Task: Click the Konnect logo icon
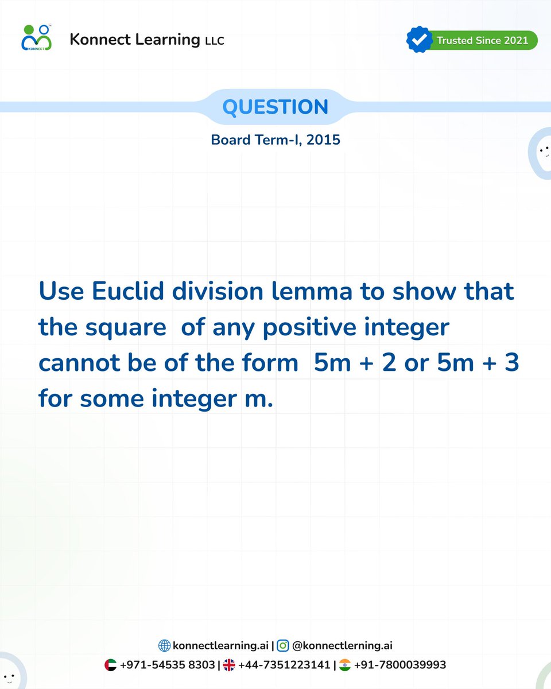click(36, 38)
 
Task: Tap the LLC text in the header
click(214, 41)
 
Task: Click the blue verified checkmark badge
click(419, 40)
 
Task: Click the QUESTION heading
click(275, 107)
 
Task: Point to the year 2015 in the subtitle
click(324, 140)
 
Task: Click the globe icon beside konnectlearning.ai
click(165, 645)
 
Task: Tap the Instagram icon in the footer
click(283, 645)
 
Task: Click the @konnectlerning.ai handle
click(342, 646)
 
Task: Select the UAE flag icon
click(111, 665)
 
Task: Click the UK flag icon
click(229, 665)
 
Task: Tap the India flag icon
click(345, 665)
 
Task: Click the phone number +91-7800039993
click(400, 665)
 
